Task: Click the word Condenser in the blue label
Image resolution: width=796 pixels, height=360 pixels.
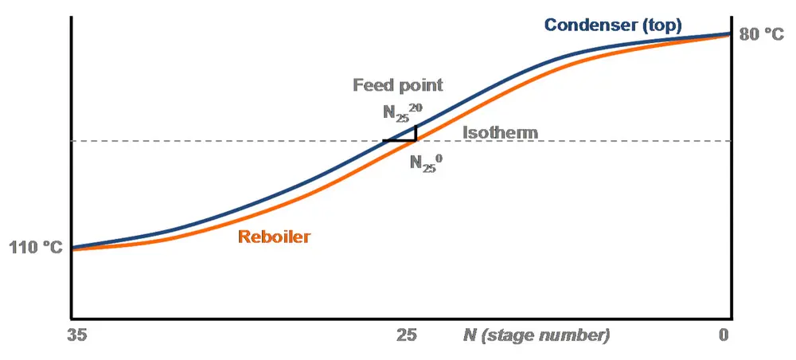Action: click(590, 25)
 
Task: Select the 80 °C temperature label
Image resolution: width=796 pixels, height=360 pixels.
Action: click(761, 34)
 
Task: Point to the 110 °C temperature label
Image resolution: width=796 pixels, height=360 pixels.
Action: click(35, 248)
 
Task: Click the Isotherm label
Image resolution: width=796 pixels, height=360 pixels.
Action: click(501, 132)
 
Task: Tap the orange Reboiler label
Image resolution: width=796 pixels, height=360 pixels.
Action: click(274, 237)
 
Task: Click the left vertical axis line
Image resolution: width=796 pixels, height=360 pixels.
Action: click(72, 159)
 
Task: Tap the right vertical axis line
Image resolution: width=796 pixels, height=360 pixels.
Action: click(731, 199)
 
